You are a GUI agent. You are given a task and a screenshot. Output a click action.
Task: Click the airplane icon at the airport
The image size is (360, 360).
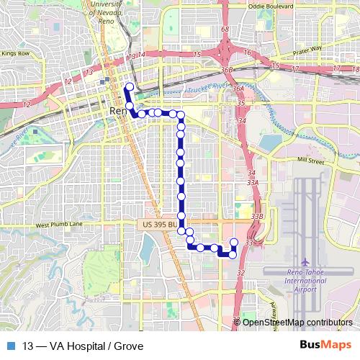coord(306,261)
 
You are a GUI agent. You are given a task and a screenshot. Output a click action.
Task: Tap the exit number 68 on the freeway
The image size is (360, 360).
coord(225,30)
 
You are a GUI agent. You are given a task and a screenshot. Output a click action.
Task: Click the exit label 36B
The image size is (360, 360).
coord(228,70)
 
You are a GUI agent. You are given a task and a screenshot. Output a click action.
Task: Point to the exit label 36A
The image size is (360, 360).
coord(238,88)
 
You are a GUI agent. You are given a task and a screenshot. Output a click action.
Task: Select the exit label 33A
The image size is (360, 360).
coord(252,184)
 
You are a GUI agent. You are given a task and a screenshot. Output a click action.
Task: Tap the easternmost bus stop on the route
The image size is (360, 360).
coord(233,242)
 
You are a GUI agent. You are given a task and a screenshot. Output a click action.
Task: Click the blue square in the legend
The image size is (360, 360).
coord(13,346)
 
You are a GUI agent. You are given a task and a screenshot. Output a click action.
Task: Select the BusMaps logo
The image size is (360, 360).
coord(325,346)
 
